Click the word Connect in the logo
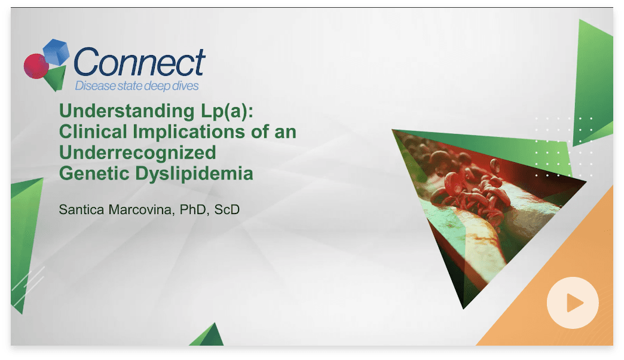click(139, 62)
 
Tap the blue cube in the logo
click(56, 52)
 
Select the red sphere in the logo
click(36, 66)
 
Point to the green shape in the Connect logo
click(56, 78)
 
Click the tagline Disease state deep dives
click(137, 86)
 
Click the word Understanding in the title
click(127, 111)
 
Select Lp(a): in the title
click(227, 111)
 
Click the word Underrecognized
click(137, 153)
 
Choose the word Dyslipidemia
click(194, 174)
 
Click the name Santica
click(81, 209)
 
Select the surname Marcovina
click(142, 210)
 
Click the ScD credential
click(227, 209)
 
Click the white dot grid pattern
click(564, 147)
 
